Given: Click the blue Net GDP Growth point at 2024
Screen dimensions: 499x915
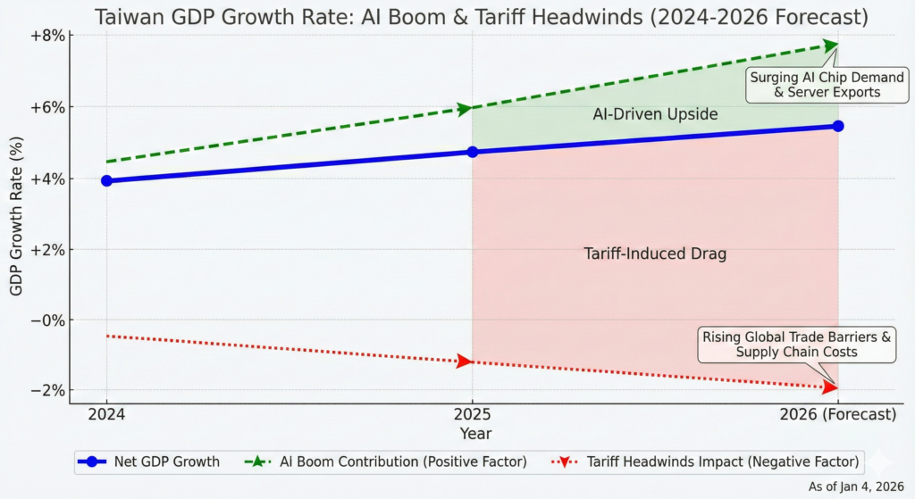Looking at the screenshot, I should [107, 180].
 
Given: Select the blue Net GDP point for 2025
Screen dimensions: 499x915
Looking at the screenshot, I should [472, 152].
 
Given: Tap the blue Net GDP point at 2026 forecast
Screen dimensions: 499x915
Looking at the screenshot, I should [837, 126].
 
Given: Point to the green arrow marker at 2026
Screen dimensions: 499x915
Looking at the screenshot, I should [831, 45].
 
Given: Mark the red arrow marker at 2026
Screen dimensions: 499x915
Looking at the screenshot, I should [831, 387].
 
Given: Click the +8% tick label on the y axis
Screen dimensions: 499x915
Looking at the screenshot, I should [47, 36].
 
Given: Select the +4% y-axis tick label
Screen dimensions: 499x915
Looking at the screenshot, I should [47, 179].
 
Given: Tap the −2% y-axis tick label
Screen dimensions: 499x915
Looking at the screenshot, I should [47, 391].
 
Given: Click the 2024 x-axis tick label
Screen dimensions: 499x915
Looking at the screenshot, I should [106, 415].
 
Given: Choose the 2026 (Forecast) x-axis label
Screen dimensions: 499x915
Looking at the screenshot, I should [837, 415].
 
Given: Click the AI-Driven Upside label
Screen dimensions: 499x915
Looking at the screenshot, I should [655, 114].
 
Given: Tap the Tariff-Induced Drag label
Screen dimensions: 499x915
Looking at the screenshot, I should [655, 254].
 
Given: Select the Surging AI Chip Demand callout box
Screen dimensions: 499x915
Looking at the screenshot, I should [814, 85].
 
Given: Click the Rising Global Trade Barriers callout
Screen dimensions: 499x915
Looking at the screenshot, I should [796, 345].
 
